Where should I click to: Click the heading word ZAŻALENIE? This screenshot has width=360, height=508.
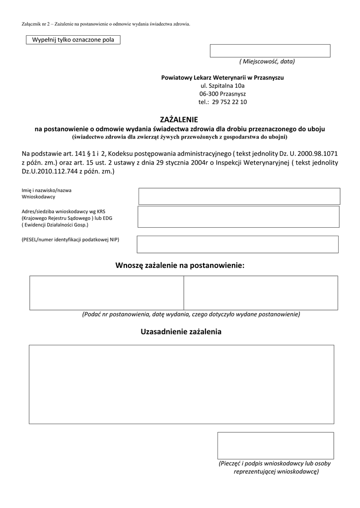click(x=180, y=120)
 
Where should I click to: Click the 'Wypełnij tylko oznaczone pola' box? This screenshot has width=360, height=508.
click(x=73, y=40)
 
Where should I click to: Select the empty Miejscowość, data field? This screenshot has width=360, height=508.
click(x=270, y=51)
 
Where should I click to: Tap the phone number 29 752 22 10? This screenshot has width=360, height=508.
click(x=229, y=102)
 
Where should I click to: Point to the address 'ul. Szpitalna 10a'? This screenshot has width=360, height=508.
click(x=222, y=86)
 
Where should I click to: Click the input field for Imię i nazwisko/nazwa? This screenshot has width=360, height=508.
click(x=239, y=196)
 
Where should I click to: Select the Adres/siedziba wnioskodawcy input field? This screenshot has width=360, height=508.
click(x=238, y=217)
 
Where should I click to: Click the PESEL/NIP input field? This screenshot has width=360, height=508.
click(x=237, y=244)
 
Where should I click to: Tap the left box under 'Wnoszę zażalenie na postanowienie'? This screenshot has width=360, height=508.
click(x=106, y=293)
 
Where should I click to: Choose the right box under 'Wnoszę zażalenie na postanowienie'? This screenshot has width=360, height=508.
click(x=261, y=293)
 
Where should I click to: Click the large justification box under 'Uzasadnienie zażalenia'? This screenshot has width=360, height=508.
click(x=181, y=384)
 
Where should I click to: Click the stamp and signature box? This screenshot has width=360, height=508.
click(x=275, y=445)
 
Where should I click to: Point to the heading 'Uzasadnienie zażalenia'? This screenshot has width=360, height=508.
click(x=181, y=331)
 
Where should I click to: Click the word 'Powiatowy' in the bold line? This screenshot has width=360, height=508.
click(x=176, y=78)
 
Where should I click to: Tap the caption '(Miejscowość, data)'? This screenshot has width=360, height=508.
click(x=267, y=62)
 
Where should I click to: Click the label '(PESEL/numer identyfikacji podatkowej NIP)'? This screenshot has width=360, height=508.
click(x=71, y=240)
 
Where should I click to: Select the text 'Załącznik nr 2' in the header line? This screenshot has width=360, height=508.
click(x=36, y=24)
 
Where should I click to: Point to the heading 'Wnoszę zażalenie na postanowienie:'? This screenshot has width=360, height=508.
click(x=180, y=265)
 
